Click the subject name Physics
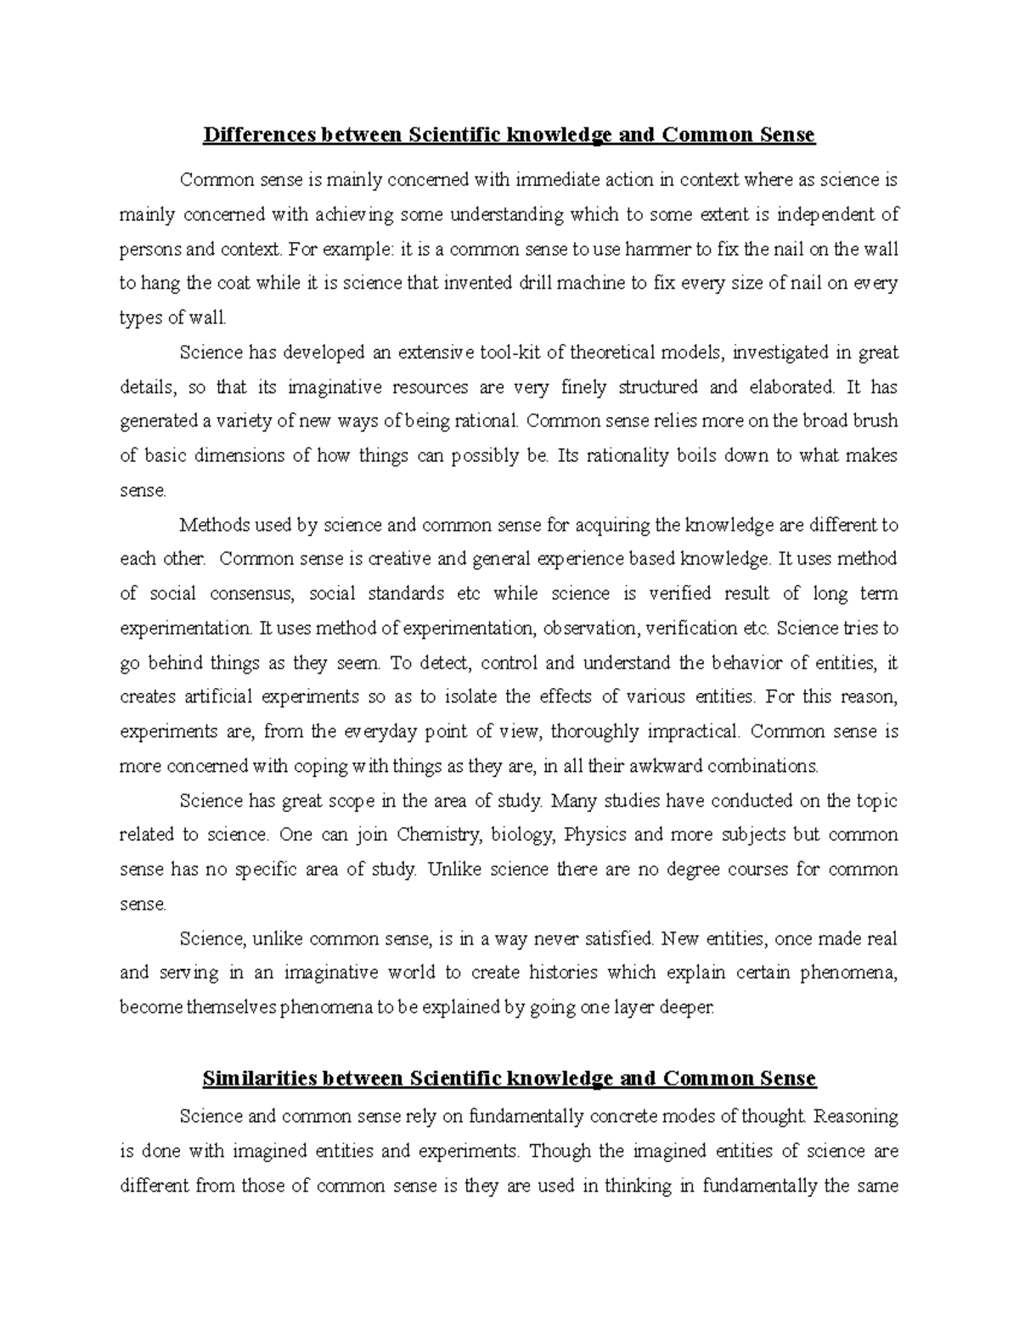tap(594, 835)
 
